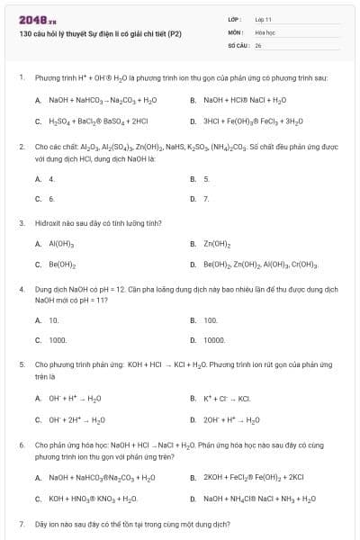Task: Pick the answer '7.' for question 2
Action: [206, 197]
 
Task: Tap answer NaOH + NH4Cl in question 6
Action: [259, 498]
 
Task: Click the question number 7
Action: [21, 523]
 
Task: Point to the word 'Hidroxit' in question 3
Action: [49, 221]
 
